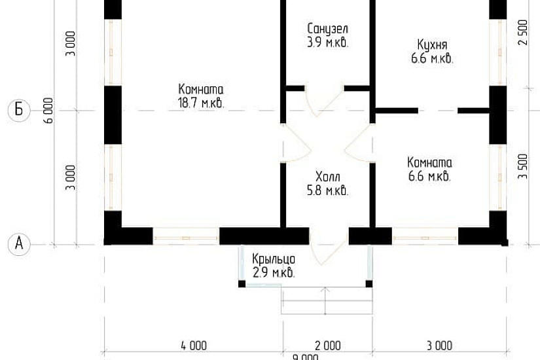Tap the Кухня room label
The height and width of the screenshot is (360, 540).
[432, 45]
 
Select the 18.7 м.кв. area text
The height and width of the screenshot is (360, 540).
[201, 103]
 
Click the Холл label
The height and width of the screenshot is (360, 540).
[327, 177]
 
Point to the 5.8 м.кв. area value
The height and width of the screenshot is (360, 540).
[327, 191]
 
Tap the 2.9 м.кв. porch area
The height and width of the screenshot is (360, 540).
[274, 272]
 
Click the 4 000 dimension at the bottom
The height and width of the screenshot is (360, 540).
[193, 345]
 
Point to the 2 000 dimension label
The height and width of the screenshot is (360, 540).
[327, 345]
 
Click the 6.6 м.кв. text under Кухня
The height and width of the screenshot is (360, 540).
[432, 58]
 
